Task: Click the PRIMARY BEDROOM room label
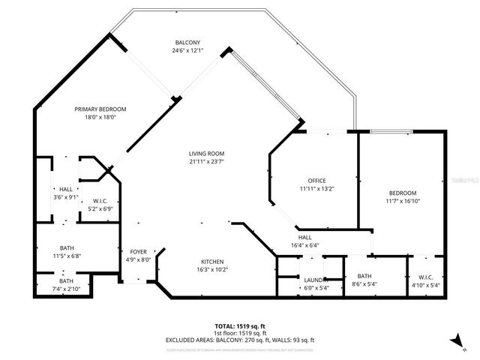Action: [100, 109]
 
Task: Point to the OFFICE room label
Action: [316, 180]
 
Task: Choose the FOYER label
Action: [139, 252]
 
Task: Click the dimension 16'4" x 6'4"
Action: [305, 244]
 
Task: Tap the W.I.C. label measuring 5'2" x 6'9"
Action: [101, 201]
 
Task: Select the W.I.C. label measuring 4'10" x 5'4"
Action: [425, 276]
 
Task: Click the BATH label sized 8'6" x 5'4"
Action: [364, 276]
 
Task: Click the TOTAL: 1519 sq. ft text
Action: [239, 326]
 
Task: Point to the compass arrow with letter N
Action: [454, 339]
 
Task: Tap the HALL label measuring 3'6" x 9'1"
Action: [66, 189]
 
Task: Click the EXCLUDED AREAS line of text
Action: [239, 340]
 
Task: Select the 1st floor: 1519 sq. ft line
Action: [239, 333]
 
